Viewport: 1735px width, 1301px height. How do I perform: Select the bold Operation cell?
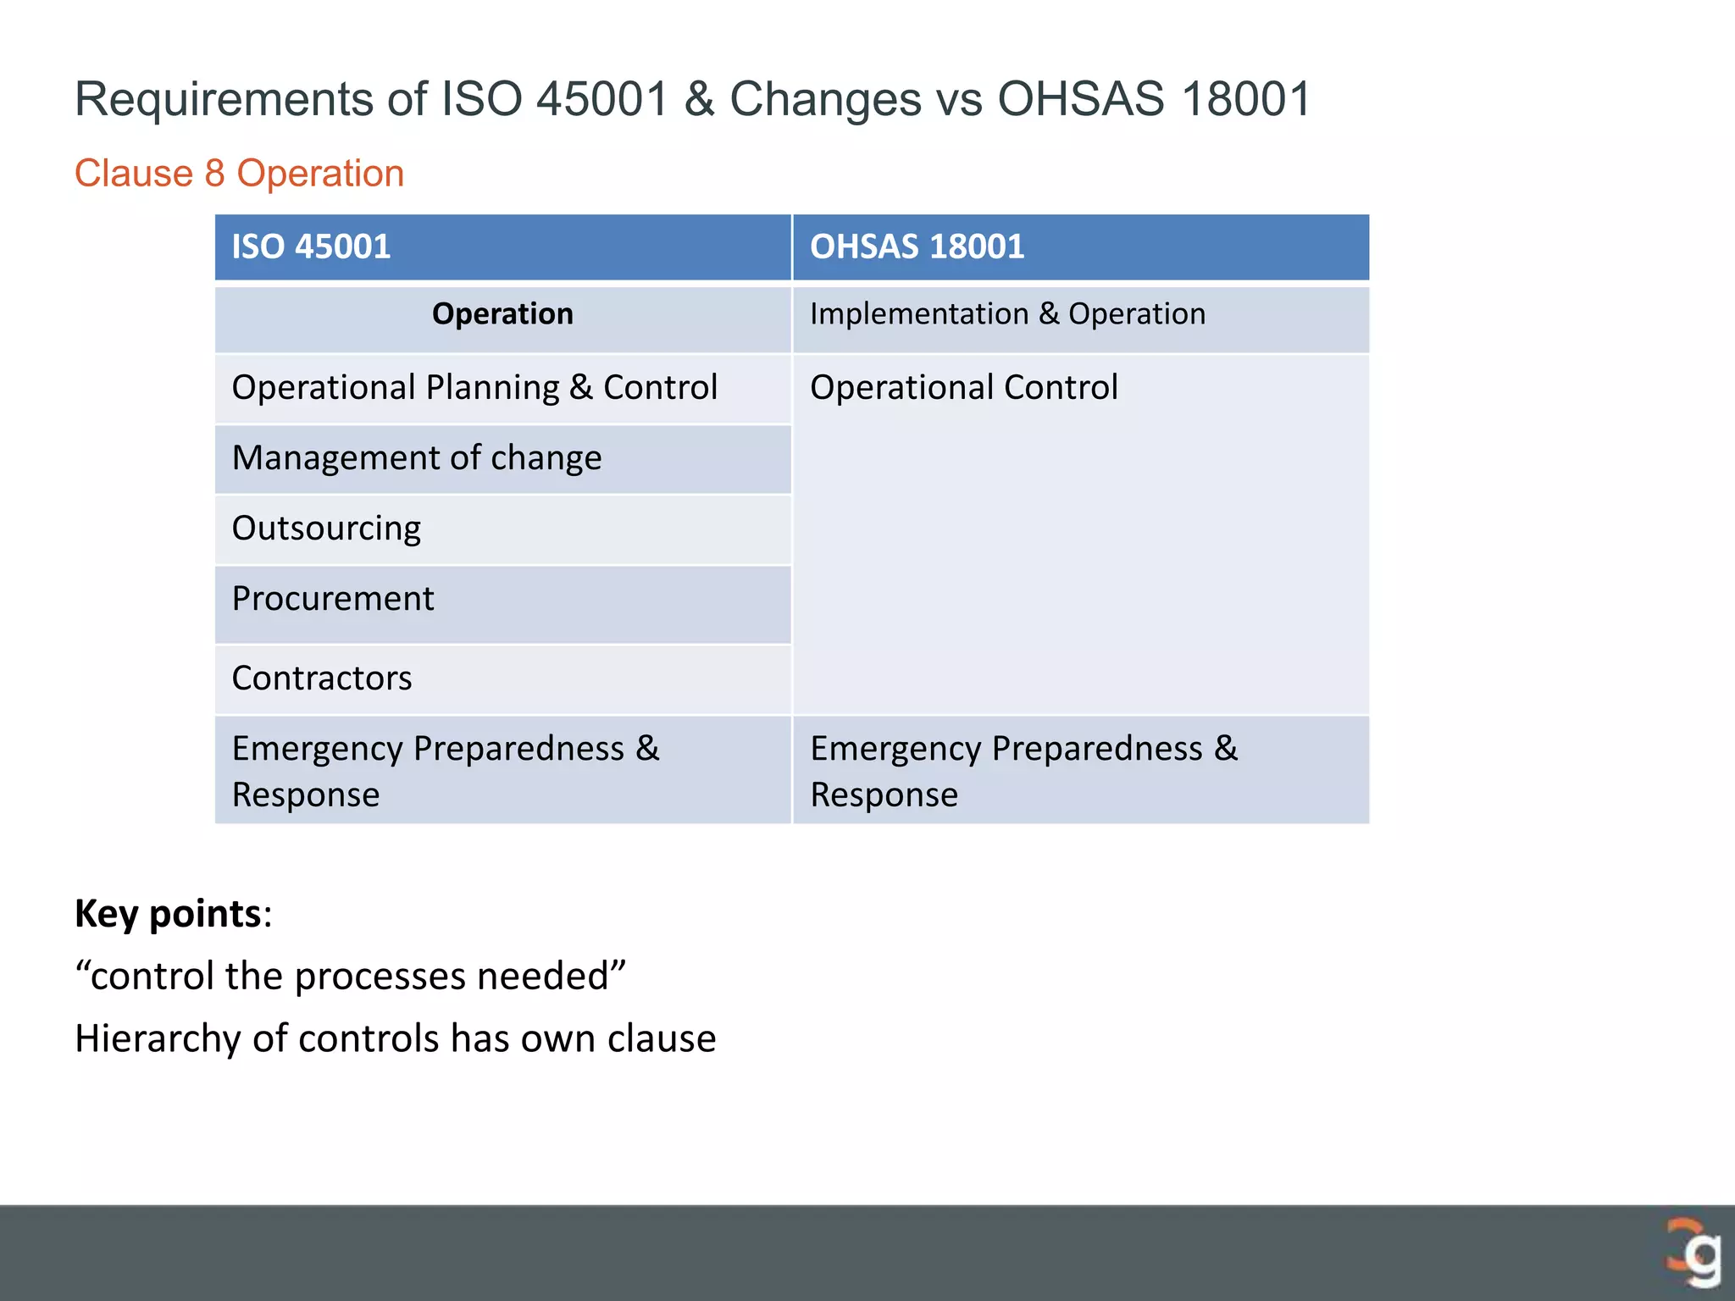coord(502,314)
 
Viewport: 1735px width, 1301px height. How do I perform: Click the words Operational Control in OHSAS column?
coord(964,388)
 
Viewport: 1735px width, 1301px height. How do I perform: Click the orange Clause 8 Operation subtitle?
coord(239,174)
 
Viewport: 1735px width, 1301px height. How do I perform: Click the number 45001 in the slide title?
coord(603,99)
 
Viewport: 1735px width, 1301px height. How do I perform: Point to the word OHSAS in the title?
coord(1081,99)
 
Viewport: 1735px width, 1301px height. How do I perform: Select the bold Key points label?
coord(168,914)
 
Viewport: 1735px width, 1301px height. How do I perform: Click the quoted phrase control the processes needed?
coord(350,976)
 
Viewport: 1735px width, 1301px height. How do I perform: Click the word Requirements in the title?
coord(224,99)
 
